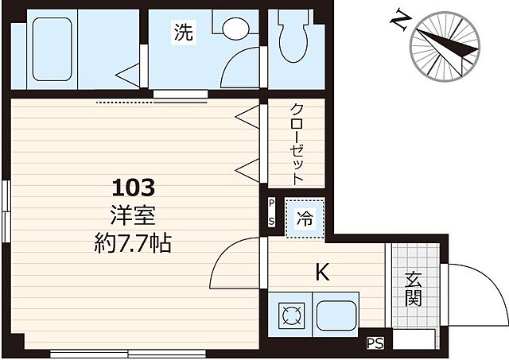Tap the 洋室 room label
(x=131, y=215)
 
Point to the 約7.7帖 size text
(x=131, y=242)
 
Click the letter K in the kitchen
(x=322, y=273)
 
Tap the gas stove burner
(x=289, y=315)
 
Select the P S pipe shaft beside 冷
(x=271, y=214)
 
